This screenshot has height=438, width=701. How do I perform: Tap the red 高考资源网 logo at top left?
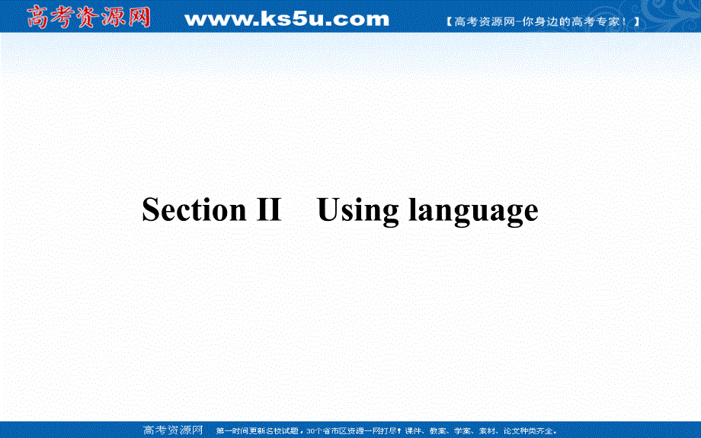(x=89, y=17)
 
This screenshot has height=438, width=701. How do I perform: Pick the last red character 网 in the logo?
(x=139, y=17)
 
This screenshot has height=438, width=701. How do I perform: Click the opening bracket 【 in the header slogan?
(x=450, y=22)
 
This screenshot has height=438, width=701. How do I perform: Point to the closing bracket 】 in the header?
(x=635, y=22)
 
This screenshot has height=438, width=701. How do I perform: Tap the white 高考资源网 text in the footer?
(x=174, y=430)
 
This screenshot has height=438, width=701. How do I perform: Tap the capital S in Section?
(x=151, y=209)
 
